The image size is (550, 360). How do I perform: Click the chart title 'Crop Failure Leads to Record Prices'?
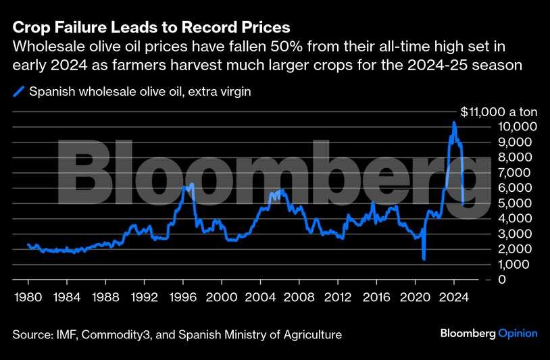click(151, 28)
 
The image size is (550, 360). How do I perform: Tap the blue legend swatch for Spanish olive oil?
click(19, 91)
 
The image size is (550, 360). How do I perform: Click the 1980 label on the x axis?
click(28, 296)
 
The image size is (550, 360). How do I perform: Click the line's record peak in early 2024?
click(454, 122)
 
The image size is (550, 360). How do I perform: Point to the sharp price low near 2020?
click(424, 258)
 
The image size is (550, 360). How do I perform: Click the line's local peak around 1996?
click(192, 184)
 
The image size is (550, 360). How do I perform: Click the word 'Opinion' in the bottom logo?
click(518, 333)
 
